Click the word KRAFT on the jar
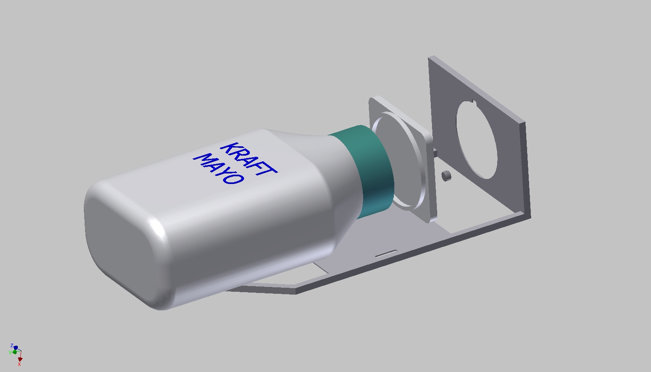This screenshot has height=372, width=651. pos(249,159)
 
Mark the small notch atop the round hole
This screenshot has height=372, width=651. pos(472,101)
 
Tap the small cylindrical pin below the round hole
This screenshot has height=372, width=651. pos(446,176)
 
